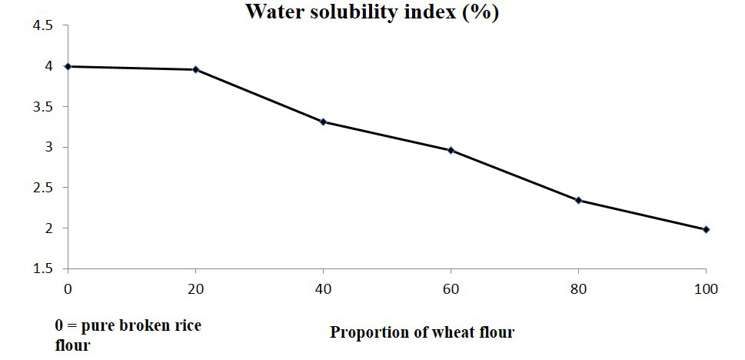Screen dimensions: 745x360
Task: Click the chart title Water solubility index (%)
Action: tap(372, 12)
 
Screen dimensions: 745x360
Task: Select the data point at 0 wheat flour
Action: tap(68, 67)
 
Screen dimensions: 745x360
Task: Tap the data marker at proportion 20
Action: tap(195, 69)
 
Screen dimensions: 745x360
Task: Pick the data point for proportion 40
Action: tap(323, 122)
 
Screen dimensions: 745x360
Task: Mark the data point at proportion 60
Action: tap(451, 150)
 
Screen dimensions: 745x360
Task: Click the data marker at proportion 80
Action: tap(578, 200)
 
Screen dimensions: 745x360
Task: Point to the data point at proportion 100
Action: tap(706, 229)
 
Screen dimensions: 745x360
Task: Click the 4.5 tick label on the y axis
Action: tap(42, 26)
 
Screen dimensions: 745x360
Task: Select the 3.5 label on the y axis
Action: tap(42, 107)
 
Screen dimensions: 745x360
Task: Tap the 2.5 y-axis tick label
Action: tap(42, 188)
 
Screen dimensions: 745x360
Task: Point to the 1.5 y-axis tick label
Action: tap(42, 268)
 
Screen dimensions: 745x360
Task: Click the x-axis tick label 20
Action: tap(195, 288)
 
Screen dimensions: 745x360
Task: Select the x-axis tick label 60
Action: tap(451, 288)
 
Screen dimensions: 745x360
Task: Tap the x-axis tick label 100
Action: tap(706, 288)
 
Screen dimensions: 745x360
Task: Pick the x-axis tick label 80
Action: tap(578, 288)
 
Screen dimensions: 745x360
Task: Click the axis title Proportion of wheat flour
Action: tap(422, 332)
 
